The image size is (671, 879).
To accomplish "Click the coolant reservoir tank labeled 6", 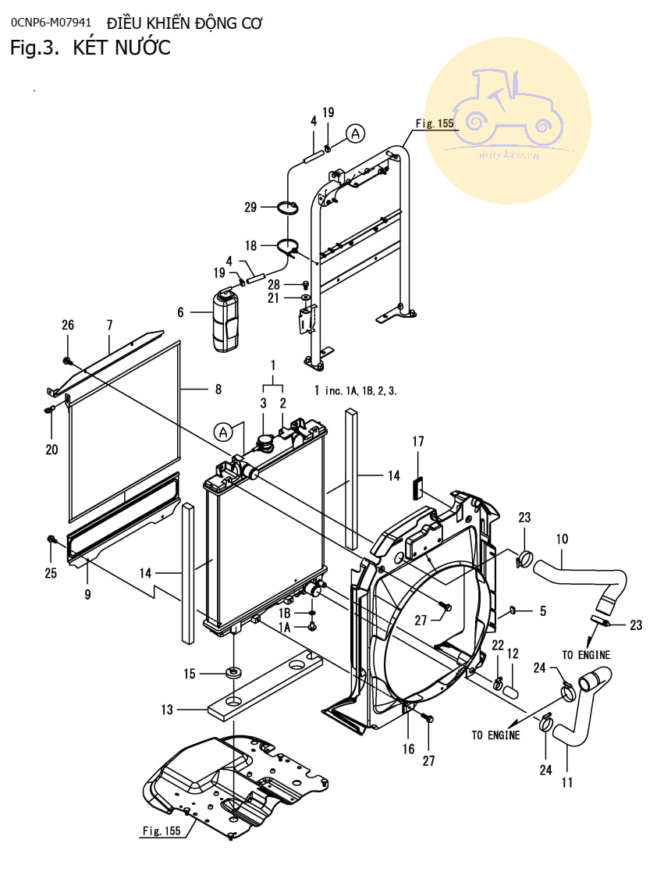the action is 225,320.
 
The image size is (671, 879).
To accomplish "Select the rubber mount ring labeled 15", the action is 233,671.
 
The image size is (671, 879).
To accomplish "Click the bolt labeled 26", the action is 68,361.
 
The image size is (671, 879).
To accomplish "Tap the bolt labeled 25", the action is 51,540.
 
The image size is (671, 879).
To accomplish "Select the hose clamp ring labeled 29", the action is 287,208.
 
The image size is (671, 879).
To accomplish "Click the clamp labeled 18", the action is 289,245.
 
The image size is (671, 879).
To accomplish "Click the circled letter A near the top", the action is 355,133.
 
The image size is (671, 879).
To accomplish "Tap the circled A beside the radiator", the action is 223,432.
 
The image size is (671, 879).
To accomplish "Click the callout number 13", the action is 167,710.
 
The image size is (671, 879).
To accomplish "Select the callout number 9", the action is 87,594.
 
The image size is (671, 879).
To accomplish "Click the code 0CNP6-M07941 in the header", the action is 51,23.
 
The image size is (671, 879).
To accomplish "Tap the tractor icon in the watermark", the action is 507,106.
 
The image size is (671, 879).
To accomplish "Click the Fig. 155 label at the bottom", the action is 162,831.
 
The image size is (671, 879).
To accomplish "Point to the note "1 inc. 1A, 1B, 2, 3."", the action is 355,390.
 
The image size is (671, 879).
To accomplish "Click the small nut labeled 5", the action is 512,610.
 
